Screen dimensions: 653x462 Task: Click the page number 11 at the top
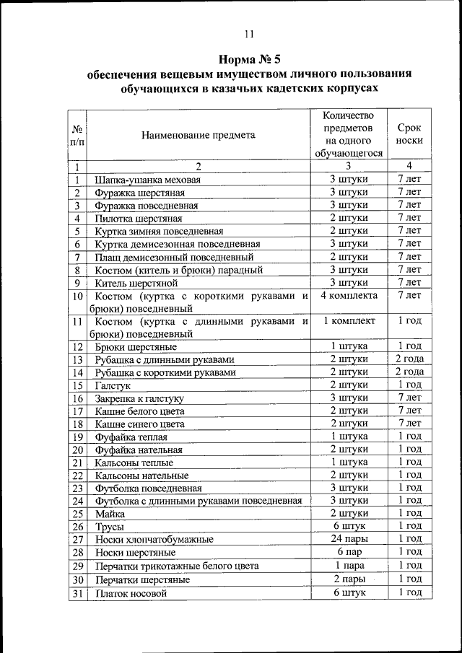tap(249, 33)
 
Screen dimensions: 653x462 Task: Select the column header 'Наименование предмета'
tap(198, 135)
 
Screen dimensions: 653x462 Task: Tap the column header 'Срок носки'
tap(409, 134)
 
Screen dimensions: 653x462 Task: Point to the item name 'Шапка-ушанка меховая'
tap(147, 180)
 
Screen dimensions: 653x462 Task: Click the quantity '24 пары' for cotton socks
tap(349, 539)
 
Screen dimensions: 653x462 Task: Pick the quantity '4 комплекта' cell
tap(349, 296)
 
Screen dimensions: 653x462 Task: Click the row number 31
tap(77, 593)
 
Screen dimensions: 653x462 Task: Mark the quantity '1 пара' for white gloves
tap(349, 566)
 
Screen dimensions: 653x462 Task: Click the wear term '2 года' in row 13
tap(409, 359)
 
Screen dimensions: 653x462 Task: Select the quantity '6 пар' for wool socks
tap(349, 552)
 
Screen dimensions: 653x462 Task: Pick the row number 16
tap(77, 398)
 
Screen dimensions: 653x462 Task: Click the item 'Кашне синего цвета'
tap(139, 424)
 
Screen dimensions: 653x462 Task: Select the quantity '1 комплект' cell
tap(349, 321)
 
